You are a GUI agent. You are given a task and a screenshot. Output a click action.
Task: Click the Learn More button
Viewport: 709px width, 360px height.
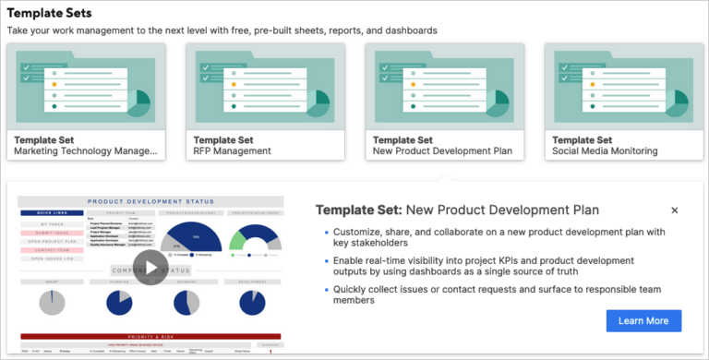tap(643, 320)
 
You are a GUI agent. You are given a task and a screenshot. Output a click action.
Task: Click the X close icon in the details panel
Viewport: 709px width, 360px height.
tap(675, 210)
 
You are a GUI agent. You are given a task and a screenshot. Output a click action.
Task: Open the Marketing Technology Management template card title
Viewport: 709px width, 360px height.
tap(85, 150)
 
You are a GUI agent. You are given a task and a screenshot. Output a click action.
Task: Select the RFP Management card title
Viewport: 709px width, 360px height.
tap(232, 150)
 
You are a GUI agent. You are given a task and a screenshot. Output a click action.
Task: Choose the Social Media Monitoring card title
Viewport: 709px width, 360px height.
tap(605, 150)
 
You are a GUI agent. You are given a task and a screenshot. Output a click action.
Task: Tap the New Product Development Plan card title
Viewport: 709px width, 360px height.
tap(442, 150)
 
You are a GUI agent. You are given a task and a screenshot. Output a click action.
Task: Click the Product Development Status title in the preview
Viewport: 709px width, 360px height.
tap(150, 201)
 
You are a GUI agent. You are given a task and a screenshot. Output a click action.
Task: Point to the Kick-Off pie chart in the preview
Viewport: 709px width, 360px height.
tap(52, 302)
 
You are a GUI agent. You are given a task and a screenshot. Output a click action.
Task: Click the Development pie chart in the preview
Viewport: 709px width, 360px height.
tap(251, 302)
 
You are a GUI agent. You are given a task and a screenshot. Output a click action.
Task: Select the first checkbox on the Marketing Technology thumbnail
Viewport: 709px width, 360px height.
tap(28, 66)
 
